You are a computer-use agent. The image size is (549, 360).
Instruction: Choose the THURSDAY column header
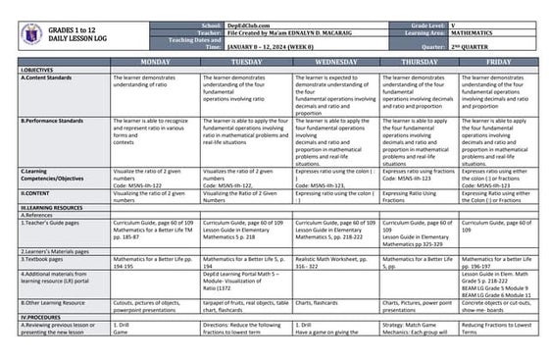[x=419, y=61]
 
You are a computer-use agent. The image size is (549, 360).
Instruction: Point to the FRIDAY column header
[x=497, y=61]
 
